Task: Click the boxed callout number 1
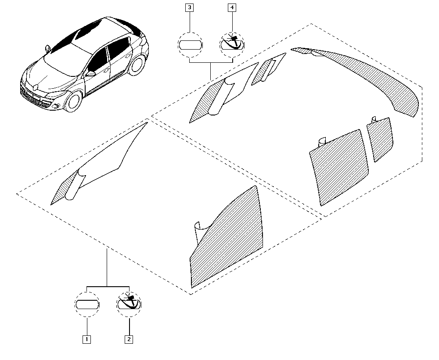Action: [x=87, y=339]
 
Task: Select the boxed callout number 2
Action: [x=129, y=339]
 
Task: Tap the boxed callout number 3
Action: [x=190, y=7]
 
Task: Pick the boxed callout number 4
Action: [x=232, y=7]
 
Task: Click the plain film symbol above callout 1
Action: [x=87, y=304]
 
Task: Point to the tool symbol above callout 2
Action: [x=129, y=304]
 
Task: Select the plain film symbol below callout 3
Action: [x=190, y=45]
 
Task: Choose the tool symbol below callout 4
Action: [x=232, y=45]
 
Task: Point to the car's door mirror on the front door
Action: [x=91, y=74]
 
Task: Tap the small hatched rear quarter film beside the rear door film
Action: [x=380, y=139]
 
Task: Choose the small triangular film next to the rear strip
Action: [x=267, y=69]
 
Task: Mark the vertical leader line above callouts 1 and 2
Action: [x=107, y=267]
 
